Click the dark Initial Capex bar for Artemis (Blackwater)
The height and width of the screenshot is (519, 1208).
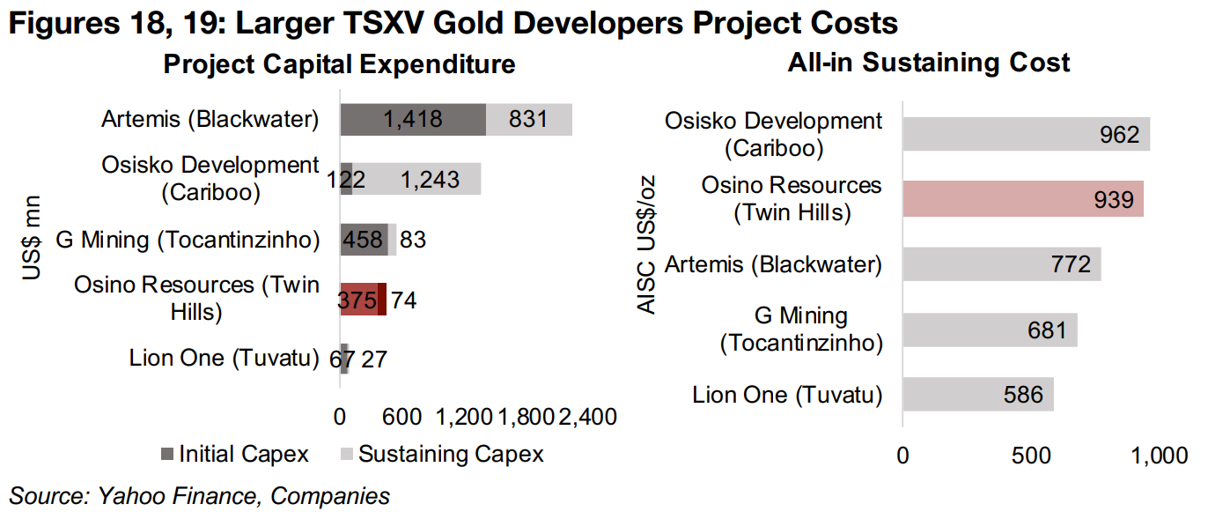(412, 120)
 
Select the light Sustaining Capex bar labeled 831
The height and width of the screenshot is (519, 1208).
(528, 120)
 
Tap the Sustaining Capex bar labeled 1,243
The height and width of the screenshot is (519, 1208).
(416, 179)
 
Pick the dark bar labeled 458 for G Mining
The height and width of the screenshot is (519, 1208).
(364, 240)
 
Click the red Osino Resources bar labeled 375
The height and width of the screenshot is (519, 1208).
(359, 300)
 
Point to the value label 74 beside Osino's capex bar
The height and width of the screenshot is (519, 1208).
(403, 300)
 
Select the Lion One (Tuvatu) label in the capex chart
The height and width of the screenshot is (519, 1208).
(224, 359)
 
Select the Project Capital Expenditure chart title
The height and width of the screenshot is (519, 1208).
(339, 64)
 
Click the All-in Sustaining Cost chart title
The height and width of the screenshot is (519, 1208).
(929, 63)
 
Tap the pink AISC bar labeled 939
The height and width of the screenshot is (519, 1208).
(1022, 199)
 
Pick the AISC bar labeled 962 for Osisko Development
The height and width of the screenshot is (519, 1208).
(1026, 134)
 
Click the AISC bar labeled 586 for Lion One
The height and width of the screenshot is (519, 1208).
(977, 395)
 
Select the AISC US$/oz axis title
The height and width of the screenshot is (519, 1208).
(647, 244)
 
